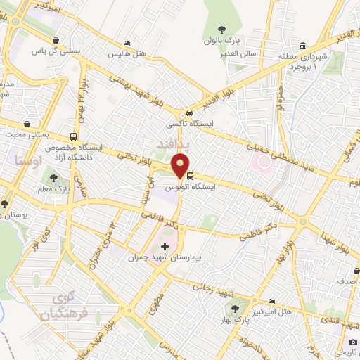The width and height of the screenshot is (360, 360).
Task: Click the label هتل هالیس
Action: [x=126, y=53]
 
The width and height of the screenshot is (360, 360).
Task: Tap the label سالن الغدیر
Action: [x=239, y=53]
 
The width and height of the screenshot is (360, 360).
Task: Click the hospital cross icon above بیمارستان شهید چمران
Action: [x=165, y=246]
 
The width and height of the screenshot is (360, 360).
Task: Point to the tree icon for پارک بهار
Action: [x=234, y=309]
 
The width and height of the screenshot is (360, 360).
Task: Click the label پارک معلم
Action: [x=55, y=188]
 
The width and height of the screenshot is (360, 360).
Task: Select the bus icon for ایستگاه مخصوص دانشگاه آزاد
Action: [x=75, y=137]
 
